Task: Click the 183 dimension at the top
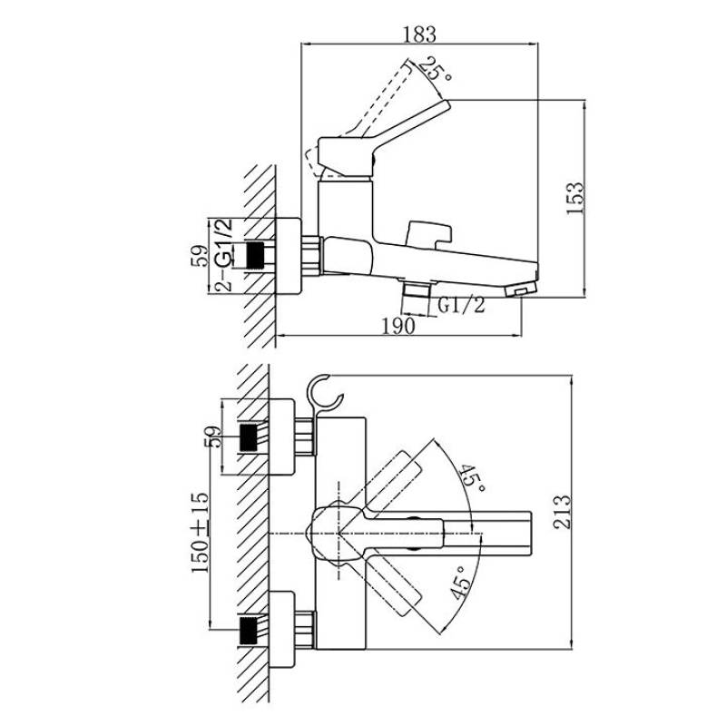(419, 34)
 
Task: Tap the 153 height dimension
(575, 198)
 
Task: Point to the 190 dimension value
(398, 327)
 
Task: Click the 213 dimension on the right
(563, 512)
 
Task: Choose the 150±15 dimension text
(201, 533)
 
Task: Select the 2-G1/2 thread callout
(224, 255)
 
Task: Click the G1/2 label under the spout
(462, 305)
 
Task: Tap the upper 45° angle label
(472, 478)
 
